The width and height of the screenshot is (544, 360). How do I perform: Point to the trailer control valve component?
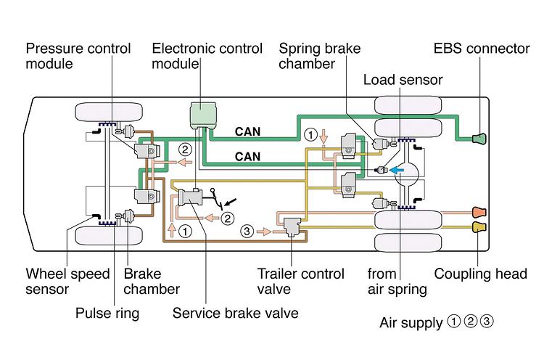click(294, 227)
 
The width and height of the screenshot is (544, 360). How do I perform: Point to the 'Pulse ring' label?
click(109, 314)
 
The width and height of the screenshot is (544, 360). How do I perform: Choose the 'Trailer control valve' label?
click(295, 282)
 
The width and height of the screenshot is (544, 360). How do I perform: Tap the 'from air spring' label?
click(396, 282)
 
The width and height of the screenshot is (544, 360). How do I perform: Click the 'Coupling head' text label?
click(481, 274)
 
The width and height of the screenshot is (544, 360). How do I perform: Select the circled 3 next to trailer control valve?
click(247, 231)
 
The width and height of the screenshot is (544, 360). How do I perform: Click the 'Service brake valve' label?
click(235, 314)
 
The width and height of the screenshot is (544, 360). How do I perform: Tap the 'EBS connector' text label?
click(482, 49)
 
